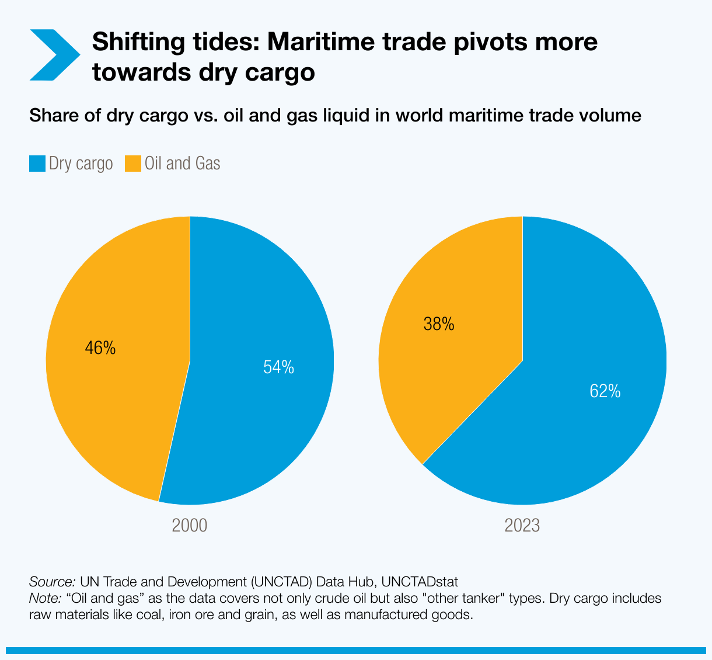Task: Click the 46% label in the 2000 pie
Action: [100, 348]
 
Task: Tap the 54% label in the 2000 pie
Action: [278, 367]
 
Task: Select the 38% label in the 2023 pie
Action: [439, 324]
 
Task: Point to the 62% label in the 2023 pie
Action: [605, 391]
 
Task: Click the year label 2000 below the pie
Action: [190, 526]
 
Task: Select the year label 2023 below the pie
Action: [522, 526]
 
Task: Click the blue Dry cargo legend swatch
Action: [37, 164]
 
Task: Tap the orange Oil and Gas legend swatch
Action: [133, 164]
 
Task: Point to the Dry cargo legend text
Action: [81, 164]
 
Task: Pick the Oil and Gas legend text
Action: [182, 164]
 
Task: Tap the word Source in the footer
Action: [51, 582]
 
